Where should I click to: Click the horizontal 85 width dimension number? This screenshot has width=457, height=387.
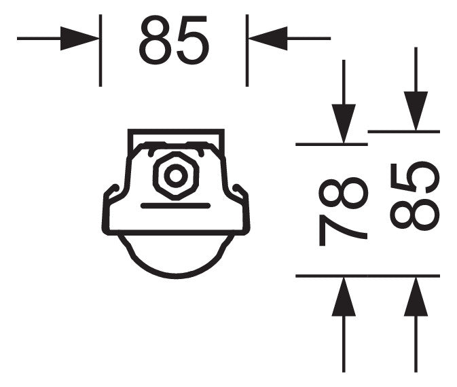coord(174,40)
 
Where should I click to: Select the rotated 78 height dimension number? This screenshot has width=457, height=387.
coord(344,211)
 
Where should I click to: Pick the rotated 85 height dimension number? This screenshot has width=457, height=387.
coord(415,196)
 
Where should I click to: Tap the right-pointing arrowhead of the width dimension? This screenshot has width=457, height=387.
coord(79,39)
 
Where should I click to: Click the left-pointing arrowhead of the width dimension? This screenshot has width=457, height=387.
coord(268,39)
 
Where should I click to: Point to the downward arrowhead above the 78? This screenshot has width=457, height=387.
coord(344,124)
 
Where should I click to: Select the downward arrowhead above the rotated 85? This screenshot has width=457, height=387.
coord(416,111)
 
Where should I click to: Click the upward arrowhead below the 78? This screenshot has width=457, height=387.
coord(344,297)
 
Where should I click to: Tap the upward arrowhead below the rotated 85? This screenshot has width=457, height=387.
coord(416,297)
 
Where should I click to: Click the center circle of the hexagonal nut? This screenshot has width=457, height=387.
coord(176,176)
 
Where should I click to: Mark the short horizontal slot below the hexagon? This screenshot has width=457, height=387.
coord(175,206)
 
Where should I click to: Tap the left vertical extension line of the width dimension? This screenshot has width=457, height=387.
coord(100,50)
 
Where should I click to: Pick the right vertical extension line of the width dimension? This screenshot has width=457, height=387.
coord(247,50)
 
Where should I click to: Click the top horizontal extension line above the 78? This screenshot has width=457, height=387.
coord(331,144)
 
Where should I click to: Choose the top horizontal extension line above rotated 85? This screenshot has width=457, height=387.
coord(403,132)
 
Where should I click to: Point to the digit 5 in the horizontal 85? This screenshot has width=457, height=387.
coord(193,40)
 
